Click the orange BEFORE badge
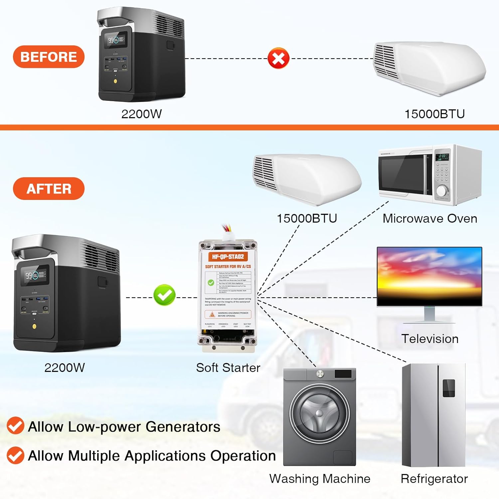point(49,57)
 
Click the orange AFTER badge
point(49,189)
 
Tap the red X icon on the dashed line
point(278,59)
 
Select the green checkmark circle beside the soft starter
point(164,295)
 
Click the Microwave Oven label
point(430,219)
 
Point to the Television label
point(430,339)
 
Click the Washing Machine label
point(320,479)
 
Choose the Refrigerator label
point(434,479)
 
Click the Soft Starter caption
point(228,368)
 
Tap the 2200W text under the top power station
point(141,114)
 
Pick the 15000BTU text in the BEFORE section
point(434,114)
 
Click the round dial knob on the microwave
point(441,191)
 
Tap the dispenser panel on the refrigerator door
point(448,388)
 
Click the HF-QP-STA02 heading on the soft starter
point(228,256)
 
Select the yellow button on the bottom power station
point(34,326)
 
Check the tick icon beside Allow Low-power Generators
point(15,426)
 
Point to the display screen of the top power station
point(115,40)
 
